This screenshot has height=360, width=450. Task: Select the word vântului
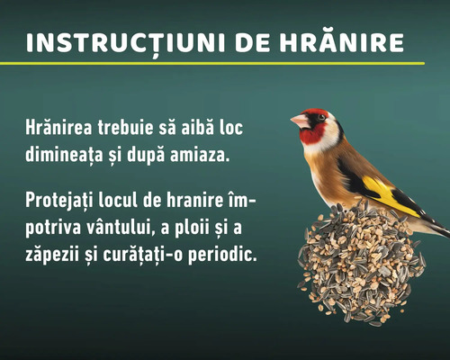pos(128,225)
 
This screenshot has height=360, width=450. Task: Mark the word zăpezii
pos(56,253)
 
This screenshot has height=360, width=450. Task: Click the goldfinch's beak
pos(298,120)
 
